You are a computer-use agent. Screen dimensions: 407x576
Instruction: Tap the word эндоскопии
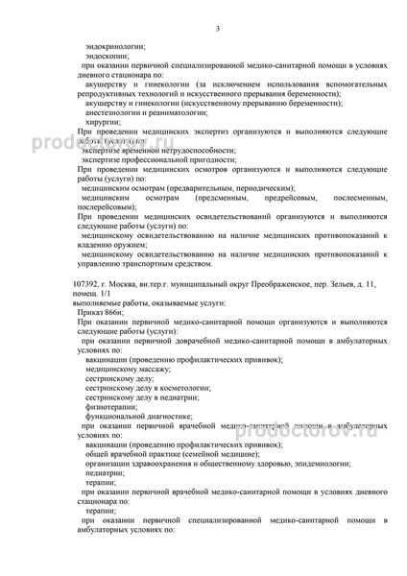[106, 56]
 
